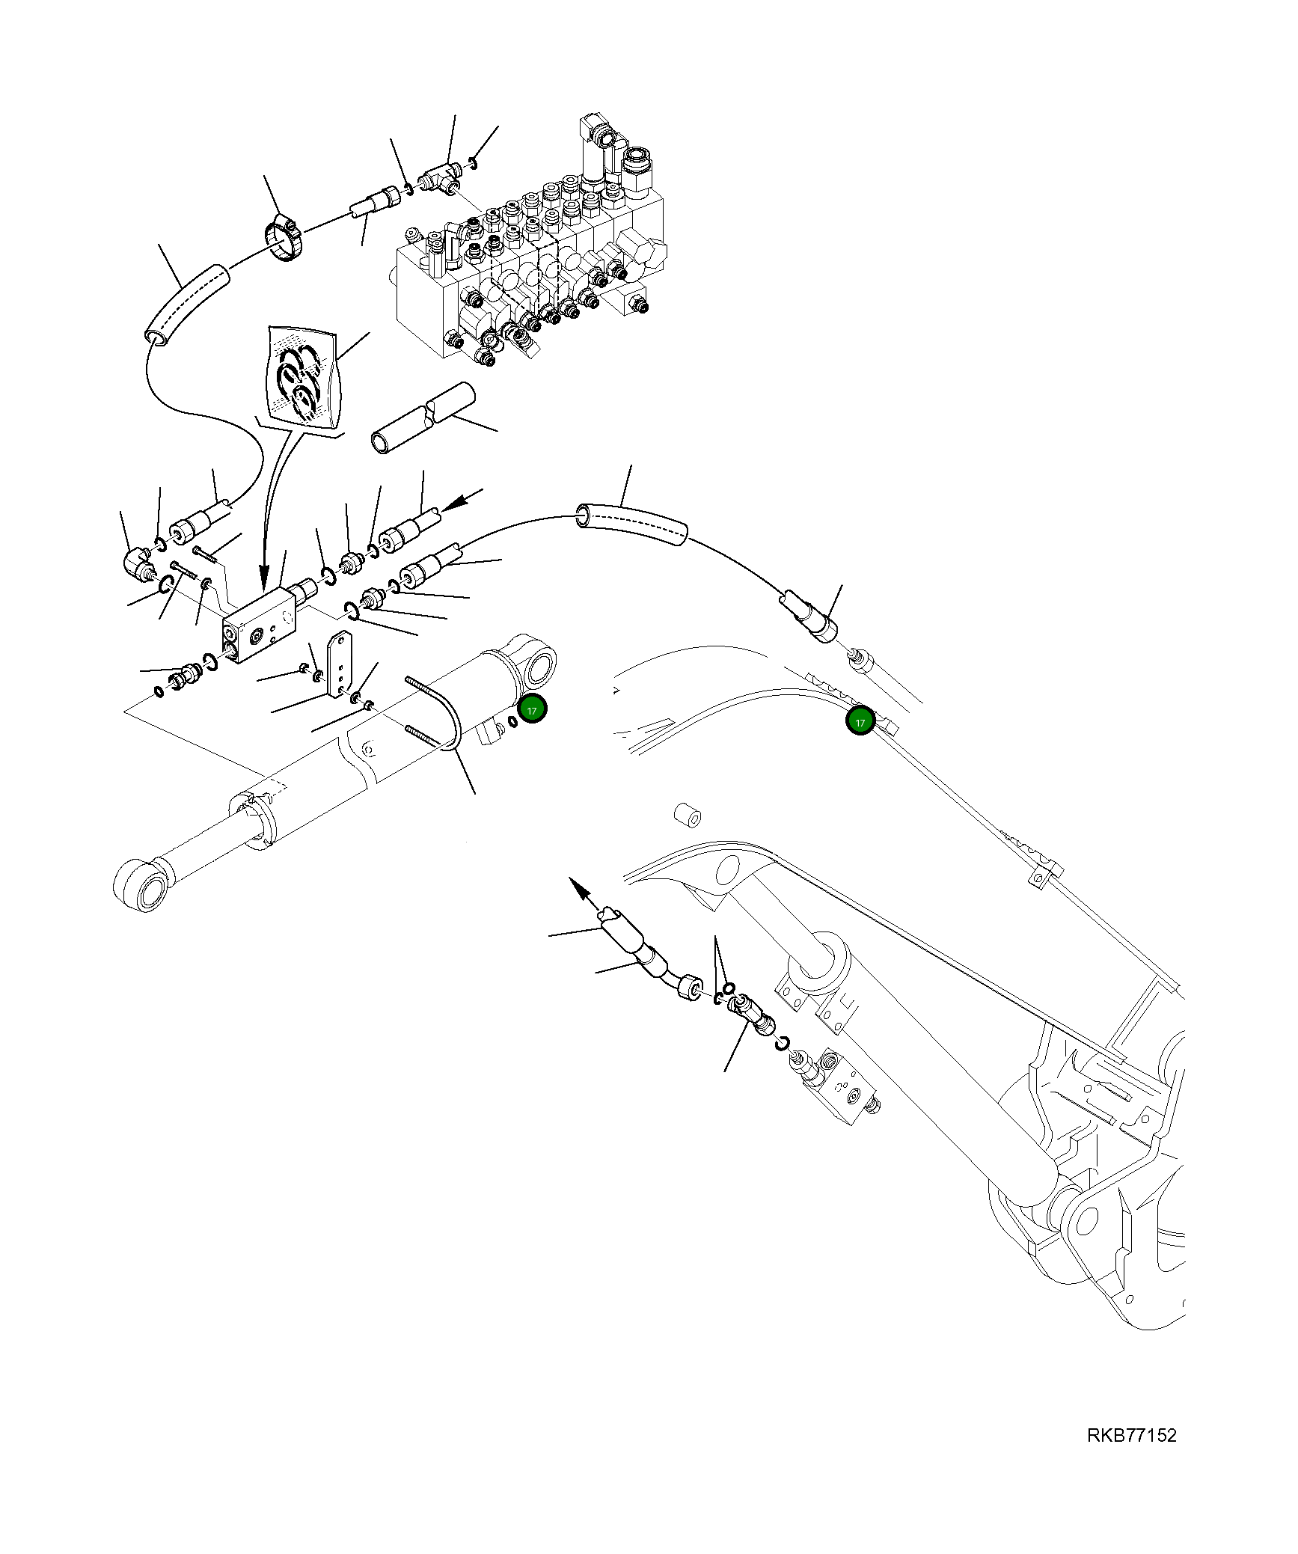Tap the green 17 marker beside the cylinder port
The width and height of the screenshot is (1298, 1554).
click(532, 709)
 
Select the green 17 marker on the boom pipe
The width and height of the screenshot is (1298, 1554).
click(860, 721)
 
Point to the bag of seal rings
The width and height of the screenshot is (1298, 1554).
click(301, 378)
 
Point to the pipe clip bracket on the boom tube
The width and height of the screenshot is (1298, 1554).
click(1045, 874)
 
